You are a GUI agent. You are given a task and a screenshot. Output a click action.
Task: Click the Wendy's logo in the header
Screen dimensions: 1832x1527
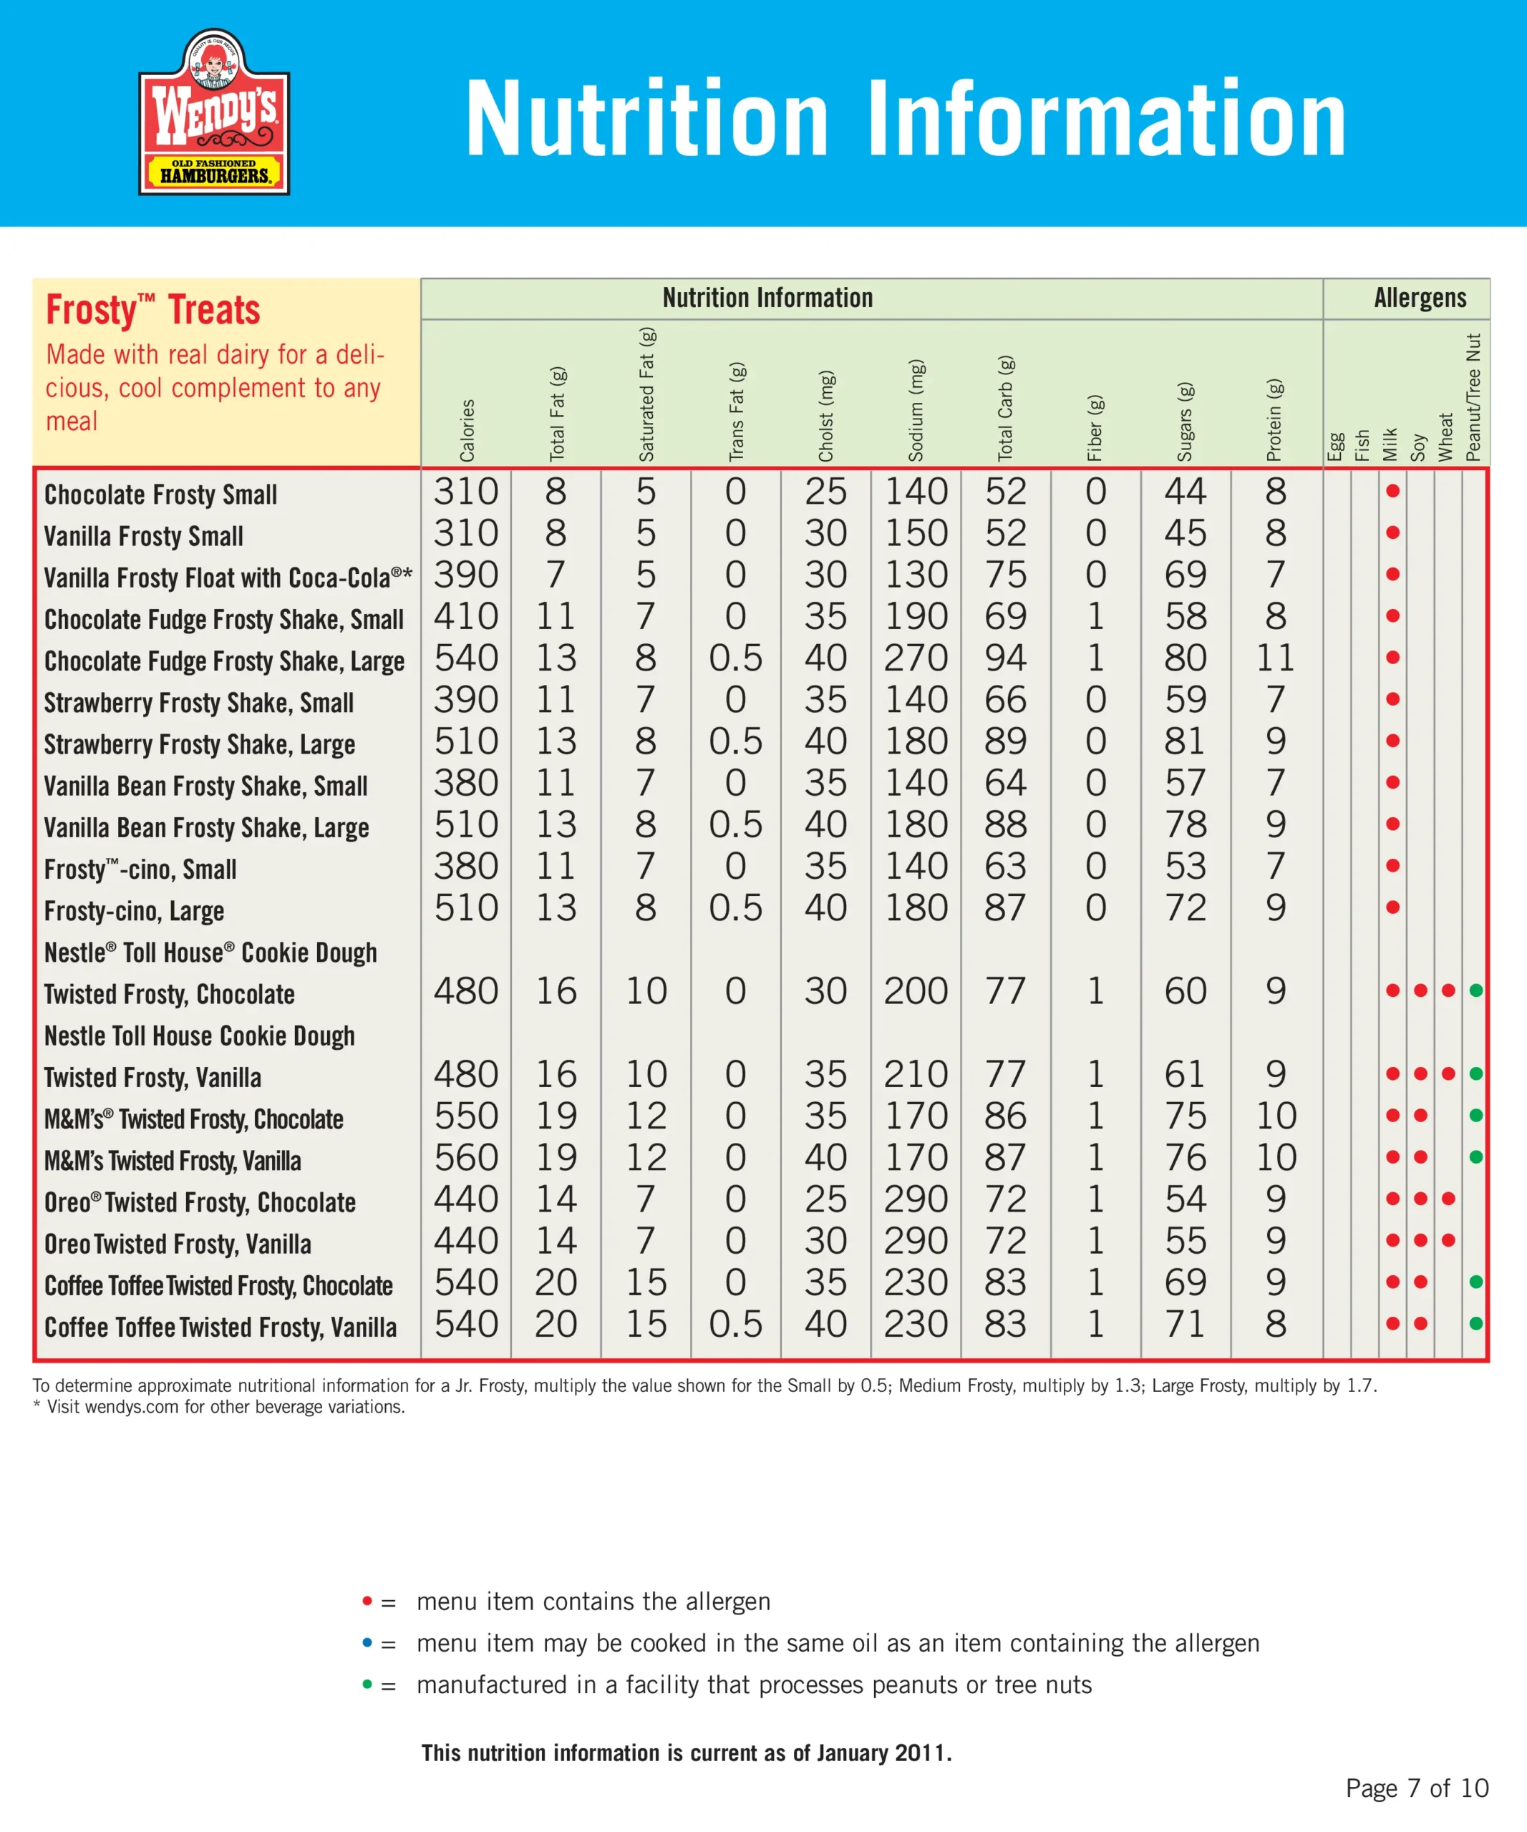[214, 112]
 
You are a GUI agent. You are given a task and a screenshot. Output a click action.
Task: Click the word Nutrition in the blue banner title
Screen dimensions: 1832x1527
[646, 119]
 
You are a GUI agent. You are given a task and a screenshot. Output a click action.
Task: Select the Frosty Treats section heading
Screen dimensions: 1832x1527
[152, 310]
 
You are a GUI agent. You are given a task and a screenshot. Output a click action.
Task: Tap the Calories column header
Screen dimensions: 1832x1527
[467, 429]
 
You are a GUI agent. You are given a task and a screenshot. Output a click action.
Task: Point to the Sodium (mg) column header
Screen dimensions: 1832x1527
[916, 410]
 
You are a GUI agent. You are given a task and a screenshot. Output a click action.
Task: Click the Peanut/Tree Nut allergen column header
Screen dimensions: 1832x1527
[1474, 397]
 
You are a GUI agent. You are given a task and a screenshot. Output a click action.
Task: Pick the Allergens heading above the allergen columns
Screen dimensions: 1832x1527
[1420, 298]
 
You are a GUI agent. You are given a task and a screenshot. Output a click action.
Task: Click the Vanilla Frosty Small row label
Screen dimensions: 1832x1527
[143, 535]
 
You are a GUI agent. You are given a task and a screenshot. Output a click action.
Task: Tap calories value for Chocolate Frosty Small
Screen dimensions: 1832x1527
[466, 491]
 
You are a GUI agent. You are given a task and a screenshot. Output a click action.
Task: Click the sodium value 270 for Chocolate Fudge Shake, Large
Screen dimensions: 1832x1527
[916, 658]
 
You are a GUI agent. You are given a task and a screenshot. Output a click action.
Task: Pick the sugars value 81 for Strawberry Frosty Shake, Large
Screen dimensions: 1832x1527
[1184, 741]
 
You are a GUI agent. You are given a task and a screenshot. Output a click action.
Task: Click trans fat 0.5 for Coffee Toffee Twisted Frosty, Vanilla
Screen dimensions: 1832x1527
[735, 1323]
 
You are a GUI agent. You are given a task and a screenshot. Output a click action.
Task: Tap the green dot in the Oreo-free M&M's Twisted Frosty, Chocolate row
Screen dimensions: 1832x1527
[1475, 1115]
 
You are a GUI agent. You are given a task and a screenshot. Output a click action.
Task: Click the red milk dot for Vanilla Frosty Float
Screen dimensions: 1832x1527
[1392, 574]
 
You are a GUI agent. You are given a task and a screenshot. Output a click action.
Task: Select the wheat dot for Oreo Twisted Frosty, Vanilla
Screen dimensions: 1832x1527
[1448, 1240]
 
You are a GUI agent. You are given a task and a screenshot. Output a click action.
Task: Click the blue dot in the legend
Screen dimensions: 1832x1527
[367, 1642]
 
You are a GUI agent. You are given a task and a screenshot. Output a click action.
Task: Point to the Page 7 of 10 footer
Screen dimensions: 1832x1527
[1416, 1788]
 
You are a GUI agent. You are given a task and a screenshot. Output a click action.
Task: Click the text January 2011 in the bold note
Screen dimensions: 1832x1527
[882, 1753]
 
